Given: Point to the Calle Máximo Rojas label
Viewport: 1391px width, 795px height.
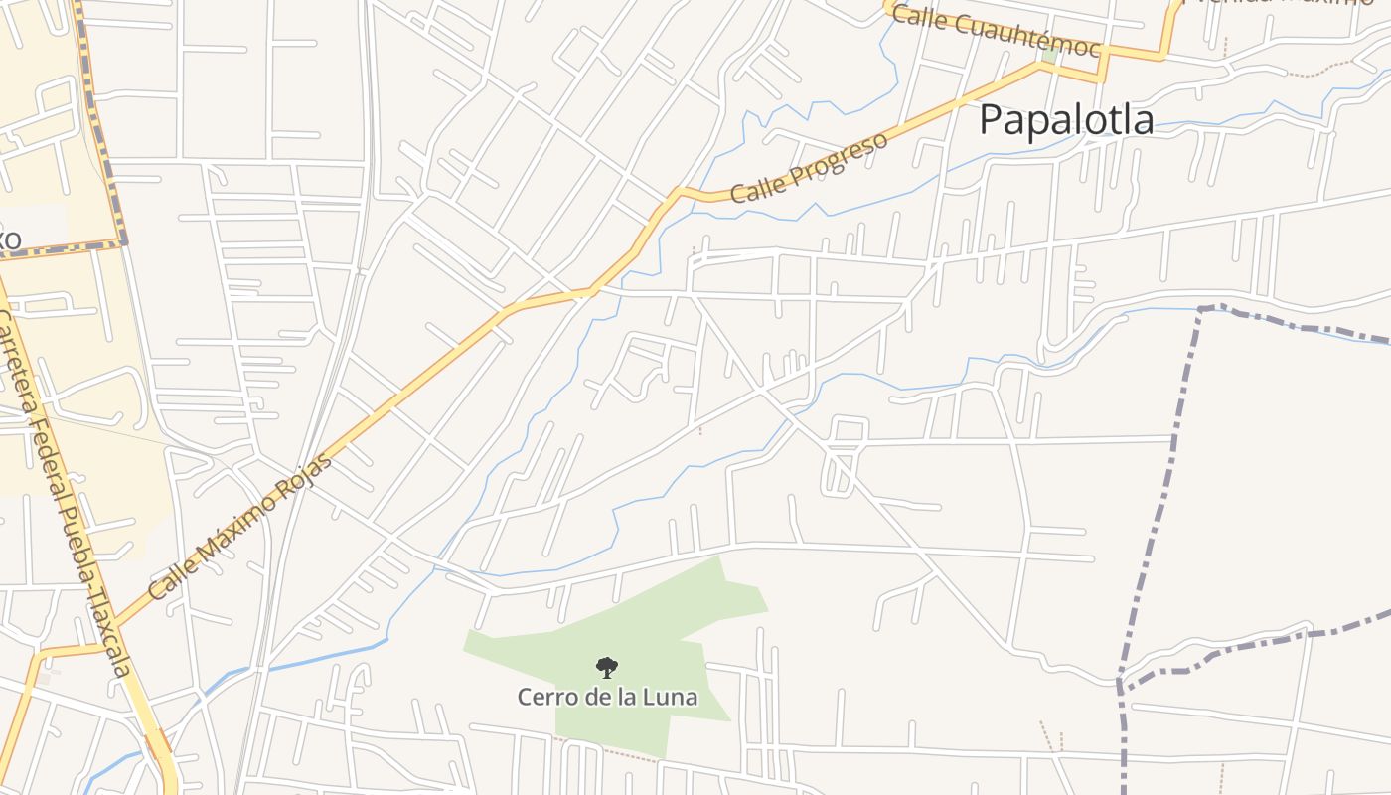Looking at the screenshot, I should coord(241,526).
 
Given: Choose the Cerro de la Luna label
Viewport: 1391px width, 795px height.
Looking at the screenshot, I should coord(607,697).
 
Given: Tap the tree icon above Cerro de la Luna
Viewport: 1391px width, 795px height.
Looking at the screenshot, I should coord(606,668).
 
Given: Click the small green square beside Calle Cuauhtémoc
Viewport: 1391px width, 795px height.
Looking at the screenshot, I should coord(1050,56).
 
